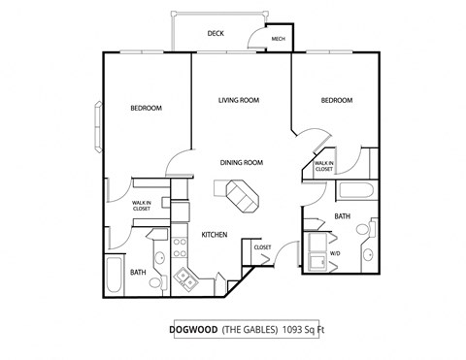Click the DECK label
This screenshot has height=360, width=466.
(x=216, y=33)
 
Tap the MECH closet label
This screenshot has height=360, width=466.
(x=278, y=40)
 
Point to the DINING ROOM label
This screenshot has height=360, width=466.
(x=242, y=162)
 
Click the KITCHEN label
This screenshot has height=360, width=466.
(x=214, y=235)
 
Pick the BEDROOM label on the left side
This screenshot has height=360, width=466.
(x=146, y=108)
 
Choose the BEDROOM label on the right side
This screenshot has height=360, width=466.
(x=336, y=100)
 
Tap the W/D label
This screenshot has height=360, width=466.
(x=335, y=254)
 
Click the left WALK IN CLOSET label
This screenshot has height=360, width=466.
(x=142, y=205)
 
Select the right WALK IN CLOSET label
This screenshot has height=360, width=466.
(x=323, y=166)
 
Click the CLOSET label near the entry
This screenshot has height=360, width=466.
(x=261, y=247)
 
